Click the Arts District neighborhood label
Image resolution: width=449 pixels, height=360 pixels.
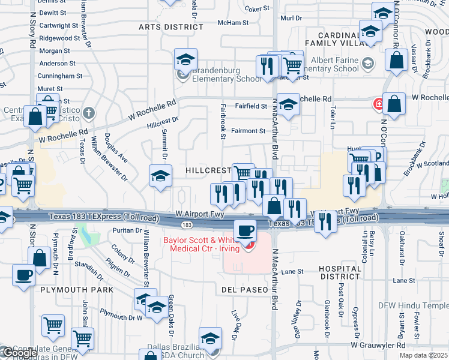[171, 27]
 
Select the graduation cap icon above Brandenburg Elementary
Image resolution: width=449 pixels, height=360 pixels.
[186, 59]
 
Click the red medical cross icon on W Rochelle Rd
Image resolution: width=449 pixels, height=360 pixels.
[379, 104]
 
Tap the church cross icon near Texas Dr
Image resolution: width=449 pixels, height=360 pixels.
[89, 112]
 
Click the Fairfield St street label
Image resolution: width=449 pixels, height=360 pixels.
[251, 106]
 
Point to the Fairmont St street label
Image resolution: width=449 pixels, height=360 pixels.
[249, 131]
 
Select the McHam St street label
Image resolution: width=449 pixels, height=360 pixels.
[233, 23]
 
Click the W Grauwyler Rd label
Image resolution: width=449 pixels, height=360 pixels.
[378, 345]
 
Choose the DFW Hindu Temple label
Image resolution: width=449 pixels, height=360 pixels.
[413, 305]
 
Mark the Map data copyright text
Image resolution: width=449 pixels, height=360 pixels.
[424, 355]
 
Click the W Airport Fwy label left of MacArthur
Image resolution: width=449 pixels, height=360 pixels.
[200, 214]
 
